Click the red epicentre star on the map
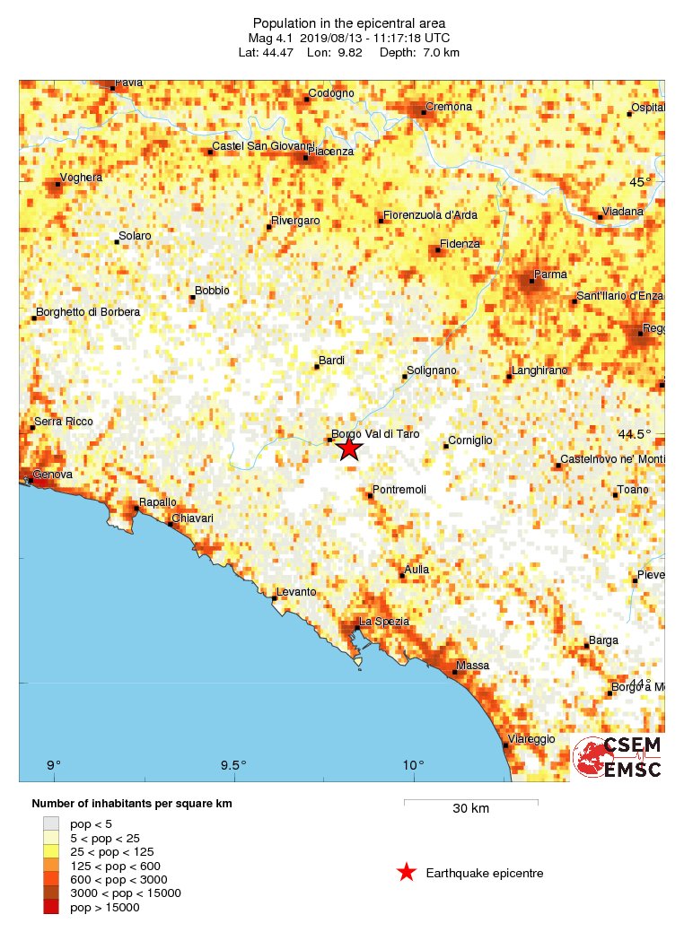pyautogui.click(x=349, y=448)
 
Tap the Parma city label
pyautogui.click(x=548, y=274)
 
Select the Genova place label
pyautogui.click(x=53, y=474)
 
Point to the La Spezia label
pyautogui.click(x=384, y=622)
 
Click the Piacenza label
pyautogui.click(x=330, y=152)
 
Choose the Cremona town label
pyautogui.click(x=449, y=107)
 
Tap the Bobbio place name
pyautogui.click(x=212, y=291)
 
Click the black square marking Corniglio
pyautogui.click(x=446, y=446)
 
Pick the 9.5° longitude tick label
pyautogui.click(x=232, y=765)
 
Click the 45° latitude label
pyautogui.click(x=640, y=182)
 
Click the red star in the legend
pyautogui.click(x=407, y=873)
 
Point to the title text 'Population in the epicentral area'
pyautogui.click(x=349, y=22)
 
